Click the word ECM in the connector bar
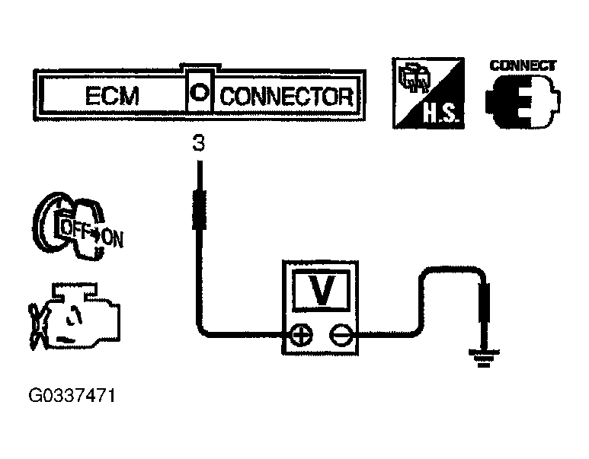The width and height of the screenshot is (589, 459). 112,96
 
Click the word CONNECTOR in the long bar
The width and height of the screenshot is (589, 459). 287,97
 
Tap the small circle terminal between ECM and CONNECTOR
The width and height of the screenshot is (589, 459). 199,92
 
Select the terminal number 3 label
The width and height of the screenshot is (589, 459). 199,143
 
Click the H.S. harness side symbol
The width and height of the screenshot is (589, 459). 428,93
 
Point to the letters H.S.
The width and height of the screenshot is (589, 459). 440,113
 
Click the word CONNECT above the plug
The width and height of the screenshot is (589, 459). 523,65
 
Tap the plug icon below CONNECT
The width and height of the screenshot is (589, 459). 523,101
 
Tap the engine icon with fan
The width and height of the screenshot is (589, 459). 75,317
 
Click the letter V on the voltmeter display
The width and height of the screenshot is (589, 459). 321,291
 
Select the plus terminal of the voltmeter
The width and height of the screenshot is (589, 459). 302,334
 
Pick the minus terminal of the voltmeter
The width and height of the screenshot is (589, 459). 341,334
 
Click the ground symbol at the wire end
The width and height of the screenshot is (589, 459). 484,357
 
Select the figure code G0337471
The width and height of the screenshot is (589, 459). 72,396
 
